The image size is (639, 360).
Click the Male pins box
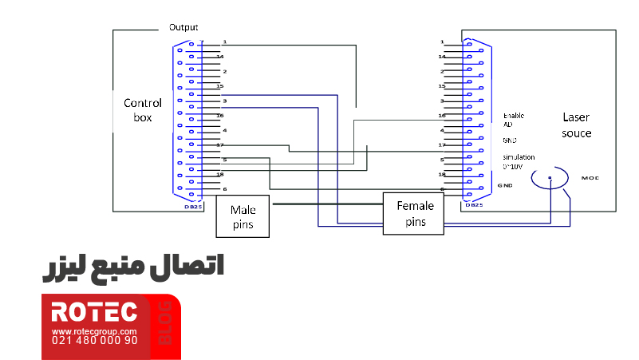coord(243,216)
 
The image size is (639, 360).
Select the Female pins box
coord(413,214)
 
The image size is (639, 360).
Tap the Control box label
coord(143,109)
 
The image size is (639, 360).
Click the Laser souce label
coord(576,125)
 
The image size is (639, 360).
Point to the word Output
coord(183,27)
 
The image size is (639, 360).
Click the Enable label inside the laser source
coord(514,116)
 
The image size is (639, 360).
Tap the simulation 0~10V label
coord(519,161)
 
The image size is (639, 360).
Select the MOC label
coord(590,177)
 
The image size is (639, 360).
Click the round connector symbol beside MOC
coord(550,179)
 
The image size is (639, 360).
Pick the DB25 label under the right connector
coord(472,205)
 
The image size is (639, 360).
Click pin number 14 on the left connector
coord(220,57)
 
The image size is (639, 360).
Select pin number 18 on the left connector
coord(220,173)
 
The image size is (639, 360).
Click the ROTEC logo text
coord(94,312)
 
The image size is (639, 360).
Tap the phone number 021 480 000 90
coord(94,340)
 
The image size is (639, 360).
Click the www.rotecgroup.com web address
coord(94,330)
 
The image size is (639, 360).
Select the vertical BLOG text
coord(166,323)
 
